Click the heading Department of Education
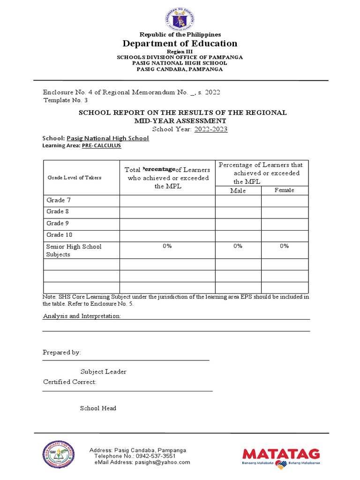[180, 44]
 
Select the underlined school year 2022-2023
[210, 129]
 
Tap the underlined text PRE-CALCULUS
[101, 146]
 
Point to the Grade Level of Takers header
[74, 178]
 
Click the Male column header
[238, 191]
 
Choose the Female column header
[285, 190]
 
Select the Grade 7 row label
[59, 201]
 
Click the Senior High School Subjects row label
[74, 250]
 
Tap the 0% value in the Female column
[285, 246]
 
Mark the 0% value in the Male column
[238, 246]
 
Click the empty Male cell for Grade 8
[238, 212]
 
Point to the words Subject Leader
[103, 372]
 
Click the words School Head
[98, 408]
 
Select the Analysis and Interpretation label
[82, 316]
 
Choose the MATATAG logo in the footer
[281, 457]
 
